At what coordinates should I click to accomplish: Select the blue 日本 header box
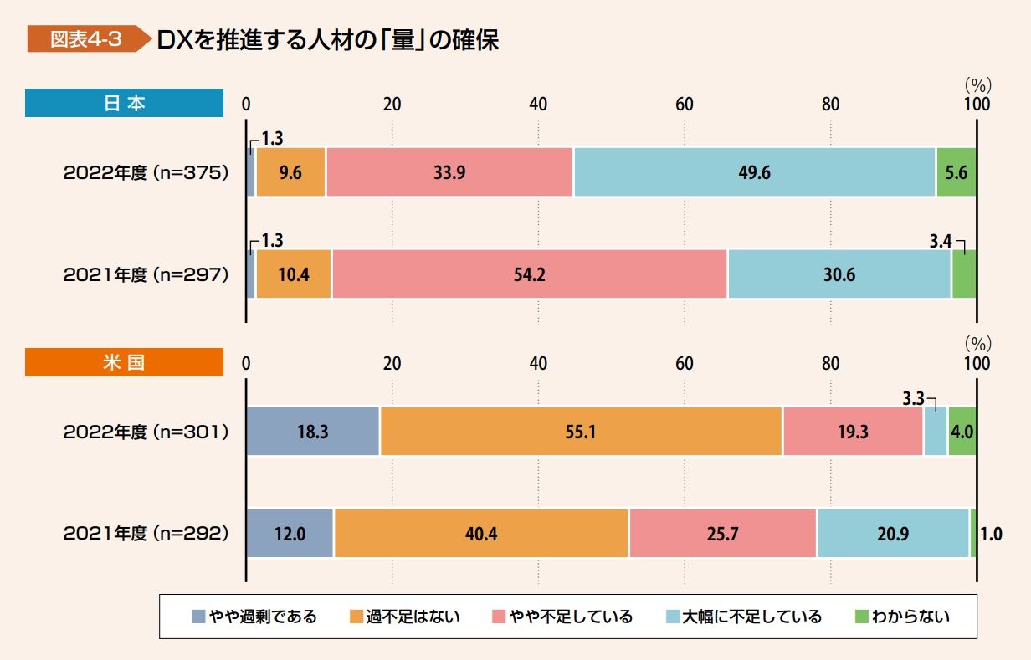[x=124, y=103]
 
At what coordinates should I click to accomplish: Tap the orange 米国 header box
[x=124, y=362]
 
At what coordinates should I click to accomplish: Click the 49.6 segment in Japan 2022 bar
[x=755, y=172]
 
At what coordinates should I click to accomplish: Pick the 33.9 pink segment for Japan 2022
[x=449, y=172]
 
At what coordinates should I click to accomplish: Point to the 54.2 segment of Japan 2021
[x=529, y=274]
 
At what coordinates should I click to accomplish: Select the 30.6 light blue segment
[x=839, y=274]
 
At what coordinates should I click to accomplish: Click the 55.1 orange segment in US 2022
[x=582, y=432]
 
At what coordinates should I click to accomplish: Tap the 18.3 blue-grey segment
[x=313, y=432]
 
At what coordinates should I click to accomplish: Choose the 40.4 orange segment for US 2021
[x=481, y=534]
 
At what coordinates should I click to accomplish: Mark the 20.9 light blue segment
[x=893, y=534]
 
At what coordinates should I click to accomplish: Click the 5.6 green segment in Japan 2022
[x=957, y=172]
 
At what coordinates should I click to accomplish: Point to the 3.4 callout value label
[x=941, y=241]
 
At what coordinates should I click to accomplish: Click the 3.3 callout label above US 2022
[x=913, y=398]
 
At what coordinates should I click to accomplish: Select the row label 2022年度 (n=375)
[x=146, y=173]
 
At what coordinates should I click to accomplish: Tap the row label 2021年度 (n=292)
[x=146, y=534]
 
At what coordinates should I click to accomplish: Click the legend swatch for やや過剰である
[x=198, y=617]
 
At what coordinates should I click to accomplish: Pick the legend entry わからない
[x=903, y=617]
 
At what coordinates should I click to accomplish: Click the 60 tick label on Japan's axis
[x=685, y=105]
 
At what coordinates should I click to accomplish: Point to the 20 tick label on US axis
[x=392, y=364]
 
